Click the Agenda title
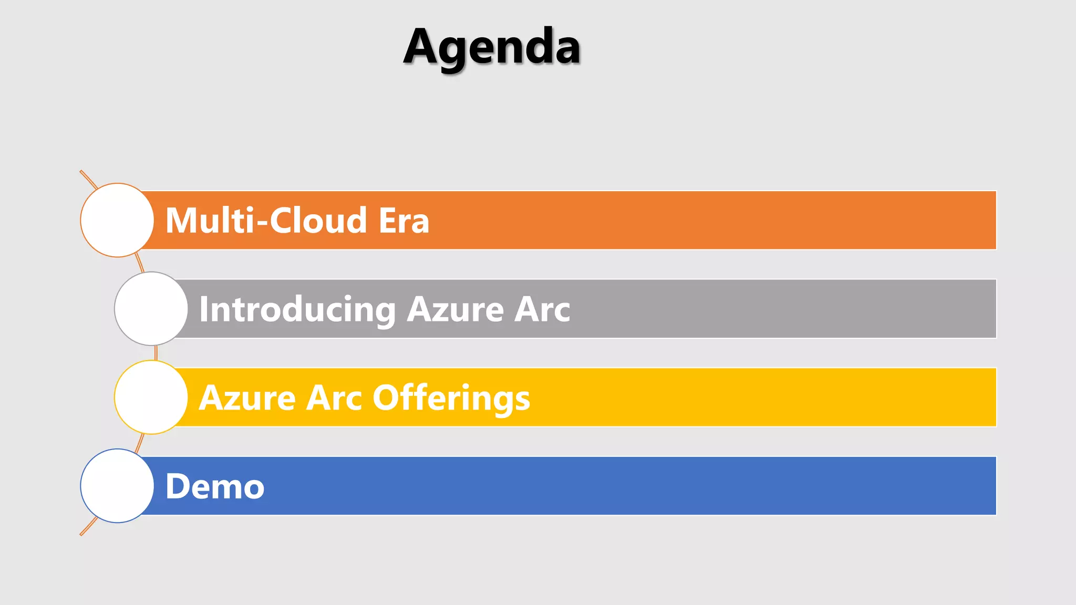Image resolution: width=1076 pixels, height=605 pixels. click(492, 47)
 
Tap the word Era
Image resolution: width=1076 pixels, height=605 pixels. click(403, 220)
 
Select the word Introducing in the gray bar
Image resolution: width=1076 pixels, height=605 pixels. click(297, 309)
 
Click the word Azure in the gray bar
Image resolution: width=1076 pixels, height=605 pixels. click(455, 309)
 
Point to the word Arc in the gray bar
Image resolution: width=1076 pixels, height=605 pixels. click(542, 309)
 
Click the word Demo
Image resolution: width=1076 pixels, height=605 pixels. click(214, 486)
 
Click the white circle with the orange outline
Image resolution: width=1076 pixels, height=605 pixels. click(117, 220)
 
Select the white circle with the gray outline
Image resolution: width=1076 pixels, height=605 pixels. click(151, 309)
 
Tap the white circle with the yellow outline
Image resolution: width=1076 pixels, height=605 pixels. click(151, 398)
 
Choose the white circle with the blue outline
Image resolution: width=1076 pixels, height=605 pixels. click(117, 486)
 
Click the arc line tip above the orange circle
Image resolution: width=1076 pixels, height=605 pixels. click(82, 172)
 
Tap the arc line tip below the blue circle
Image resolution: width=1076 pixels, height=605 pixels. click(82, 534)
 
